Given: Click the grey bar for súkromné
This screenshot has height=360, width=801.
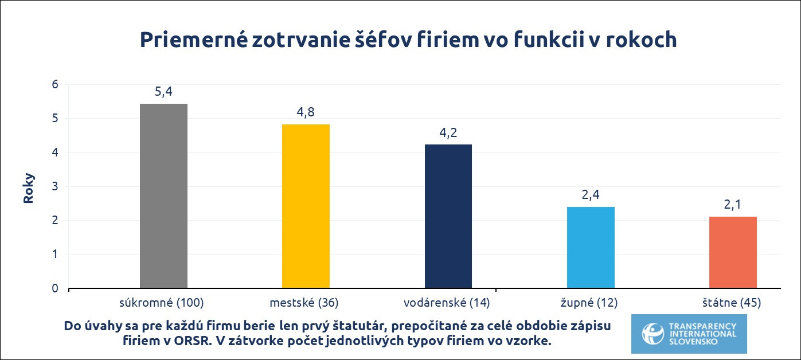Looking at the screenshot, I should click(163, 196).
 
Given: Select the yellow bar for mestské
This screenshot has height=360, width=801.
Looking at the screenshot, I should click(306, 206).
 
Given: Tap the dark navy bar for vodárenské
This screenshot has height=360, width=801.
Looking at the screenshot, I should click(448, 216).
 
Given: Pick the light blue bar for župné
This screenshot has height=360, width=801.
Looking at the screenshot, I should click(591, 247).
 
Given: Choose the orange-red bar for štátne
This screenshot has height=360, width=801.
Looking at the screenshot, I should click(733, 252).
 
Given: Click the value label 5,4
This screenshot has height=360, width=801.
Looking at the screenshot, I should click(163, 92).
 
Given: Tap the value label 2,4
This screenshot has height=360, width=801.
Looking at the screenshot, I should click(591, 195).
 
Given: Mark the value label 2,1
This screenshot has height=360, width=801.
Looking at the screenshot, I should click(733, 205).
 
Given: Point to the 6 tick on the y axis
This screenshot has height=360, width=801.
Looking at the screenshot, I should click(55, 85).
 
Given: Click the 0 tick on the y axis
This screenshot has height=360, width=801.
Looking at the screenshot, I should click(55, 288).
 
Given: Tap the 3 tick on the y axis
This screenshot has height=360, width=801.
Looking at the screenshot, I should click(55, 187).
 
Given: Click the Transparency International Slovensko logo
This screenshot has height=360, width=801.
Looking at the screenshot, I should click(689, 334).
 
